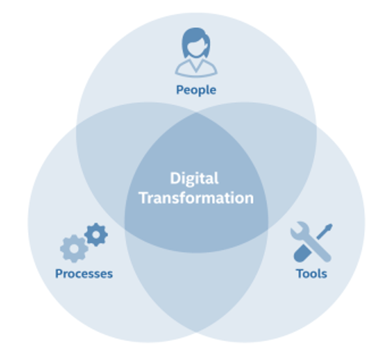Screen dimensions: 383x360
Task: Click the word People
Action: tap(196, 90)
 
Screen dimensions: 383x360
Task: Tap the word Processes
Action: tap(84, 274)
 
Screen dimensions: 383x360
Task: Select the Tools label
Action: tap(311, 274)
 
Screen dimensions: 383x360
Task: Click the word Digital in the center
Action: tap(194, 179)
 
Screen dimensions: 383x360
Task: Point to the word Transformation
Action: tap(196, 198)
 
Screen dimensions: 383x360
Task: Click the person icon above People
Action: tap(196, 52)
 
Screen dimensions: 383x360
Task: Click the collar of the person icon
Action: tap(196, 66)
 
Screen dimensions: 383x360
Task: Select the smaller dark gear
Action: tap(96, 235)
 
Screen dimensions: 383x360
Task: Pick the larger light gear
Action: tap(74, 248)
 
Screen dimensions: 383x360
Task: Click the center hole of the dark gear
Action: tap(96, 235)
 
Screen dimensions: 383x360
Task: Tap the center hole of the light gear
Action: tap(74, 248)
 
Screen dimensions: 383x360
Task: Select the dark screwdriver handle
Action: tap(302, 253)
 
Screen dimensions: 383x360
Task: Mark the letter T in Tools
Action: tap(299, 274)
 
